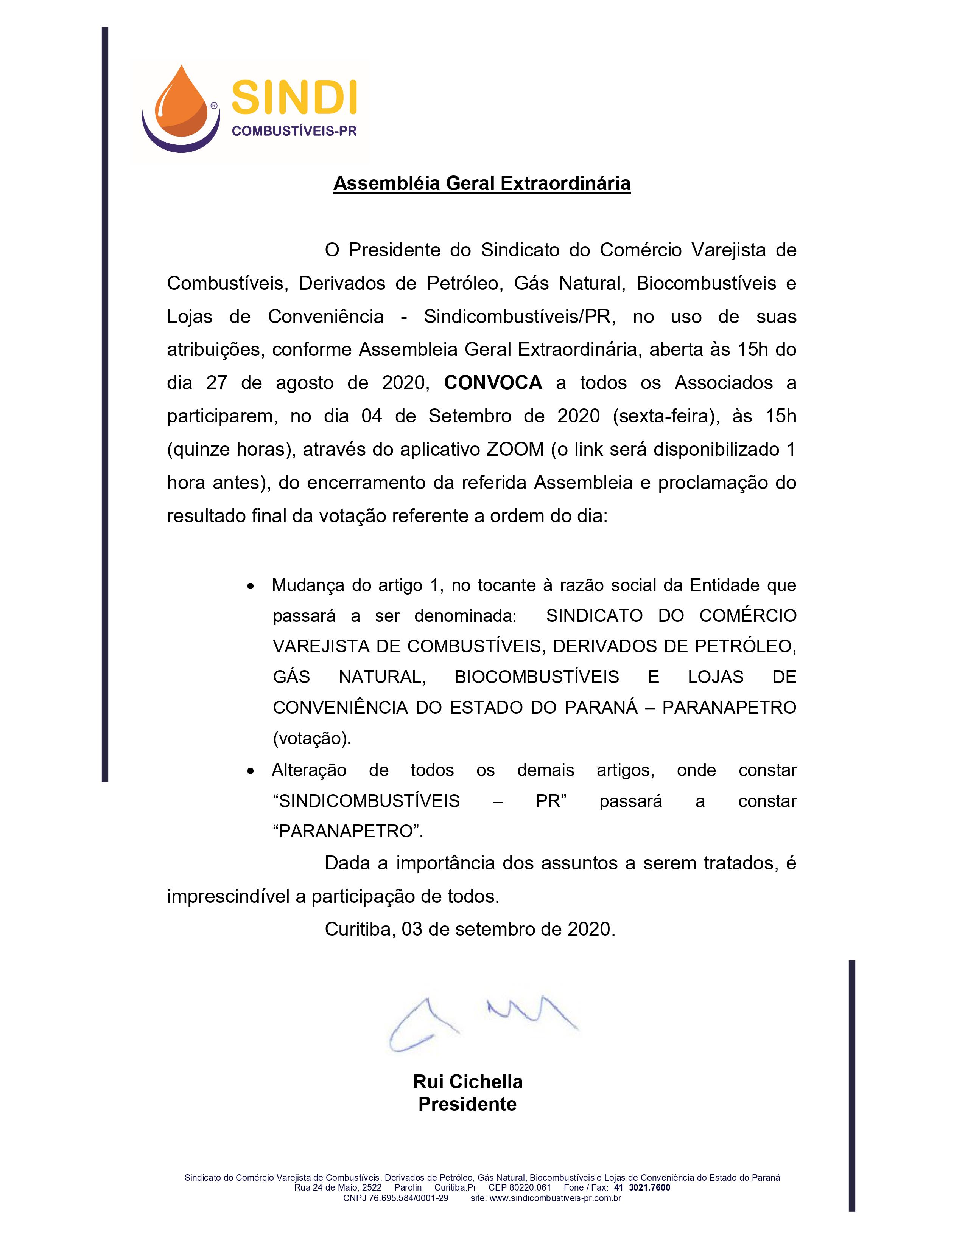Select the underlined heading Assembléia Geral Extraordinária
pyautogui.click(x=481, y=183)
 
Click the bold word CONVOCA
pyautogui.click(x=493, y=383)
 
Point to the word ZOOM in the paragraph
pyautogui.click(x=515, y=449)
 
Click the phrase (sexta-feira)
pyautogui.click(x=665, y=416)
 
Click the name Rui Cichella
pyautogui.click(x=468, y=1082)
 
